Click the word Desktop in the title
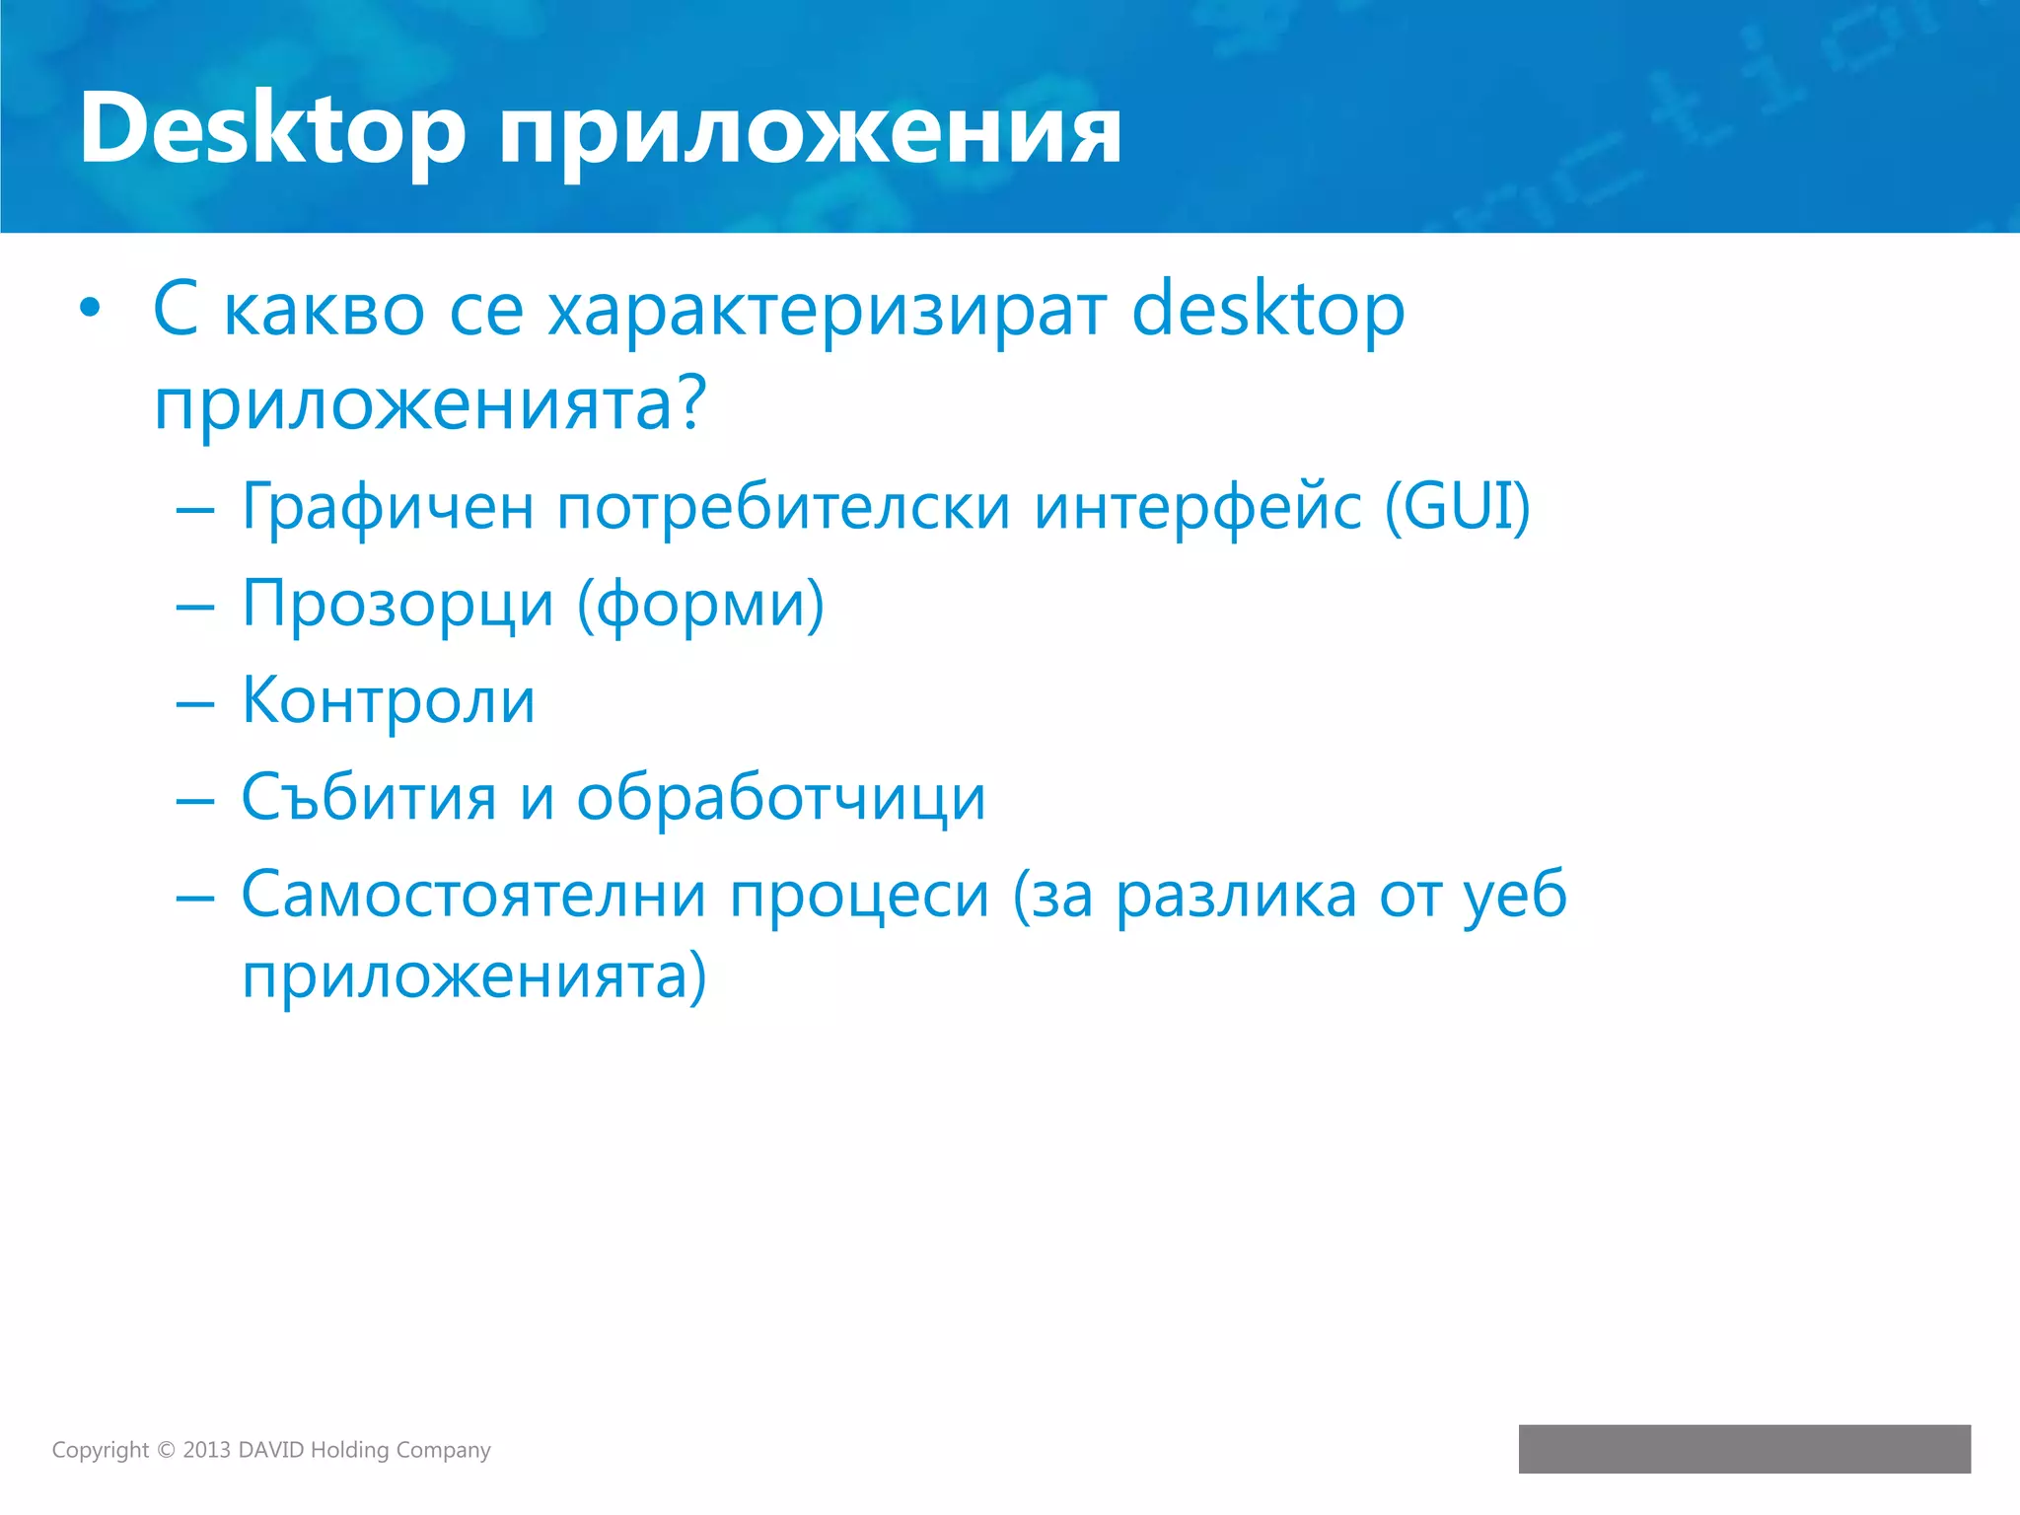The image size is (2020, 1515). pyautogui.click(x=272, y=130)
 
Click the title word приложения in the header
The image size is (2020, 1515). pyautogui.click(x=810, y=135)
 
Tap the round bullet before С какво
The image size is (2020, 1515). pyautogui.click(x=90, y=309)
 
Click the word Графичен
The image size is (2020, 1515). pyautogui.click(x=388, y=508)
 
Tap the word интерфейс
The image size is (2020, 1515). pyautogui.click(x=1197, y=508)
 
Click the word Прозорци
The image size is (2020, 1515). pyautogui.click(x=397, y=605)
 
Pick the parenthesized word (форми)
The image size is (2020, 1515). pyautogui.click(x=700, y=605)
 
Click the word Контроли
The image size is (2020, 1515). pyautogui.click(x=389, y=700)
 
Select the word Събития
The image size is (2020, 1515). pyautogui.click(x=369, y=797)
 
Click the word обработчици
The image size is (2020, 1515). pyautogui.click(x=781, y=797)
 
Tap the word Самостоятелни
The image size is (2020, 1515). pyautogui.click(x=474, y=895)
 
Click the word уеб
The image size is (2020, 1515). pyautogui.click(x=1515, y=895)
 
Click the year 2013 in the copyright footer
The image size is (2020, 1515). pyautogui.click(x=206, y=1450)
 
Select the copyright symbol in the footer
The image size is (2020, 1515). pyautogui.click(x=166, y=1450)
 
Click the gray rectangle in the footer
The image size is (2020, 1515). pyautogui.click(x=1744, y=1449)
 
